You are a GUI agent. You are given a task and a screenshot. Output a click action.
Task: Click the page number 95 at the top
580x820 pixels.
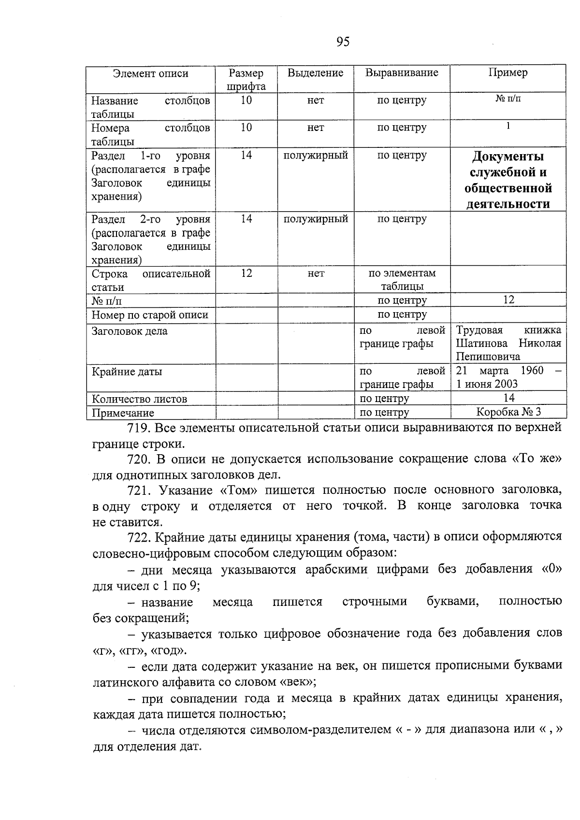click(342, 42)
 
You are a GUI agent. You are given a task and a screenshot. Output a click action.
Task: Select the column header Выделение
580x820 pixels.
click(315, 73)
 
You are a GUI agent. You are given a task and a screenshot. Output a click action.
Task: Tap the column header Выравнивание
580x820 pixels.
click(402, 73)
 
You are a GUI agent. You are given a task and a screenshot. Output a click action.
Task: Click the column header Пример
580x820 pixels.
click(508, 73)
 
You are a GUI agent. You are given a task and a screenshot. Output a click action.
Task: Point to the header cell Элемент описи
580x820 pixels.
click(150, 74)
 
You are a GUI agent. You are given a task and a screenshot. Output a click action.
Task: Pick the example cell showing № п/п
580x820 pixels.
click(508, 99)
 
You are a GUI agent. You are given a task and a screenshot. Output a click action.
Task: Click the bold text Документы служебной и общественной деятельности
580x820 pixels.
click(508, 180)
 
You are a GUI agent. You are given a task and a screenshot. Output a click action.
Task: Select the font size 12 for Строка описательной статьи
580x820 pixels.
click(246, 273)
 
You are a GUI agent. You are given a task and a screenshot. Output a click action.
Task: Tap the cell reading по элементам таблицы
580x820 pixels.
click(402, 280)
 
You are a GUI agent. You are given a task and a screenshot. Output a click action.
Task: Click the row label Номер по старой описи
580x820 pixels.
click(150, 316)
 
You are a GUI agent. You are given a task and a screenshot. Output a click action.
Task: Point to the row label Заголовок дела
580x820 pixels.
click(130, 331)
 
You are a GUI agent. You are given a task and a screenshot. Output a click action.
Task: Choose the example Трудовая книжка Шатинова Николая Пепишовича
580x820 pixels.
click(508, 344)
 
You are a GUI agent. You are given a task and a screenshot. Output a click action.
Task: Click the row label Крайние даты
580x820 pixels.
click(127, 372)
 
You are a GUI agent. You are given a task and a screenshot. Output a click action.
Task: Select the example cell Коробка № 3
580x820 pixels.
click(508, 412)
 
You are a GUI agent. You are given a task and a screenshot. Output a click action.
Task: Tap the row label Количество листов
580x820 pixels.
click(139, 399)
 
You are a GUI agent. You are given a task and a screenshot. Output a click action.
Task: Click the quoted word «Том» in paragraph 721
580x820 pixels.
click(239, 490)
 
